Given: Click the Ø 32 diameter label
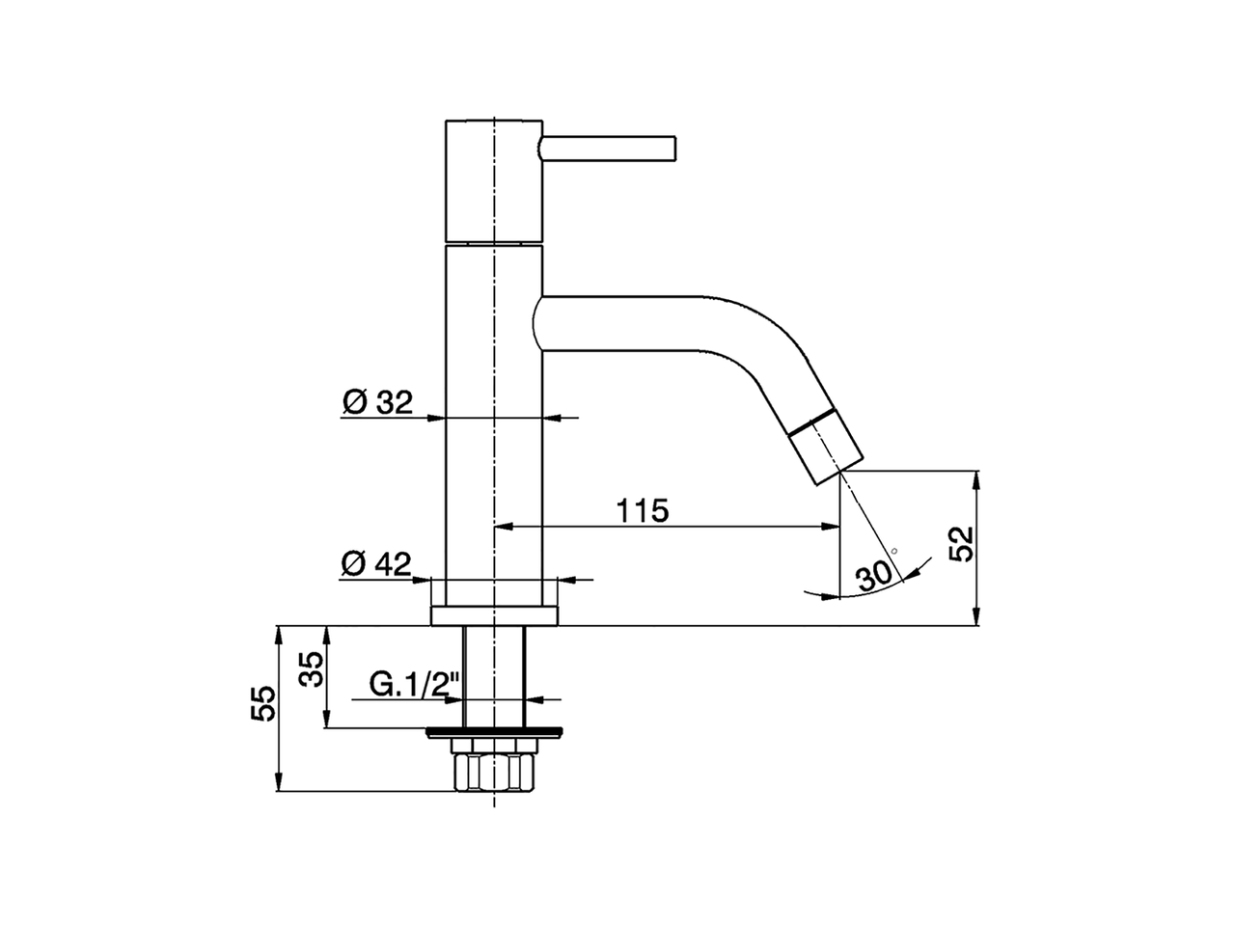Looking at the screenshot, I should tap(376, 402).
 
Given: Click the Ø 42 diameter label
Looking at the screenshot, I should tap(376, 563).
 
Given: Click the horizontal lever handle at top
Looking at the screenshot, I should tap(611, 149).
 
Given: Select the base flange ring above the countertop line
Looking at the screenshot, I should tap(493, 615).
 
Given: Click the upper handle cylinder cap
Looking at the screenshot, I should tap(493, 181).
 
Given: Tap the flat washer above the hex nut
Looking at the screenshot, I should tap(493, 731).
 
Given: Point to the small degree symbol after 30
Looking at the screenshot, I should tap(894, 551).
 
